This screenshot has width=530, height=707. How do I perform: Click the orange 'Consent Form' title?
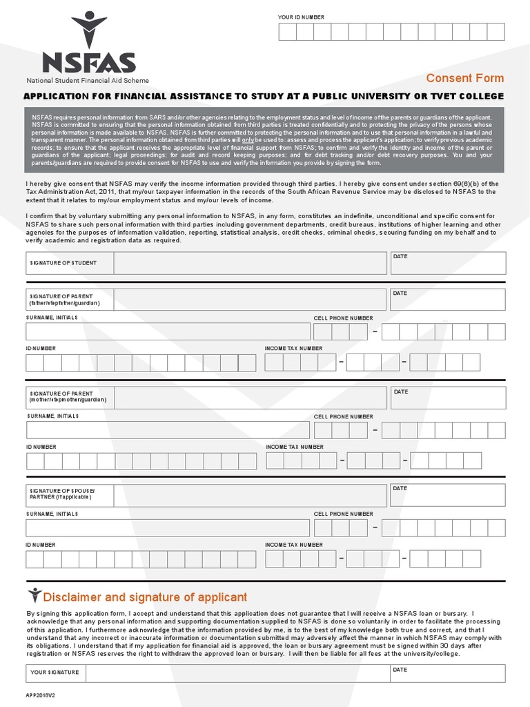pyautogui.click(x=464, y=78)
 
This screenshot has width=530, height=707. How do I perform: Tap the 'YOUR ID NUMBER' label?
pyautogui.click(x=300, y=17)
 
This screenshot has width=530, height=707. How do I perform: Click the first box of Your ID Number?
pyautogui.click(x=286, y=32)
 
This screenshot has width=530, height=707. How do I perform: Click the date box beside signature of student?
pyautogui.click(x=448, y=263)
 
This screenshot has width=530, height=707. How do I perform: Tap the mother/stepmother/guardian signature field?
pyautogui.click(x=250, y=398)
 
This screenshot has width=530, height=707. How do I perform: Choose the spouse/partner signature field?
pyautogui.click(x=250, y=495)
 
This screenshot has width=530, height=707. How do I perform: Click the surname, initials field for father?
pyautogui.click(x=168, y=331)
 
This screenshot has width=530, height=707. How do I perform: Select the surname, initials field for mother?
pyautogui.click(x=168, y=429)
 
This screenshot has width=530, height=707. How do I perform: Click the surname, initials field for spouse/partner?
pyautogui.click(x=168, y=527)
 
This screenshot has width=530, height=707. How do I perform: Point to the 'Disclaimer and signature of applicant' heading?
pyautogui.click(x=145, y=597)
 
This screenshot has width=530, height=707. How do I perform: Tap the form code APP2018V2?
pyautogui.click(x=41, y=696)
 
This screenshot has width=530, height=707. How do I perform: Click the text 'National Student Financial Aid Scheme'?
pyautogui.click(x=88, y=81)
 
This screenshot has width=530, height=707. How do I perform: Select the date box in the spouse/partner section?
pyautogui.click(x=448, y=495)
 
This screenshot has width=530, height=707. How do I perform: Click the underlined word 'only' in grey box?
pyautogui.click(x=248, y=139)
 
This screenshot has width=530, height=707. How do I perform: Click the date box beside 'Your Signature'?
pyautogui.click(x=448, y=673)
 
